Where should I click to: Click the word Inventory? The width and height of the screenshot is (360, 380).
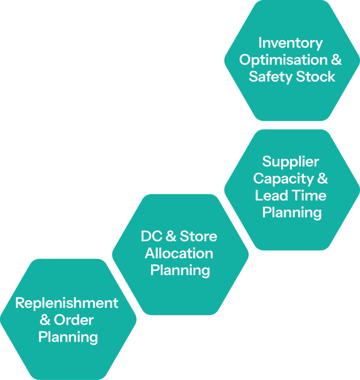pos(291,43)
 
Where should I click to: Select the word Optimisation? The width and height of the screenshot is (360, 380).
pos(283,60)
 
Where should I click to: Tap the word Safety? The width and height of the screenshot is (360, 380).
pos(270,77)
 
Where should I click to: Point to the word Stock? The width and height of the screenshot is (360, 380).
pos(315,77)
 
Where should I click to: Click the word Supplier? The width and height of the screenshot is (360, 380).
pos(291,162)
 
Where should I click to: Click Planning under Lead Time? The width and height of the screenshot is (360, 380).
pos(292,213)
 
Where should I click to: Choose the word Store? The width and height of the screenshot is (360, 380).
pos(199,236)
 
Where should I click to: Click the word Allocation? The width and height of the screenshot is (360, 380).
pos(179,253)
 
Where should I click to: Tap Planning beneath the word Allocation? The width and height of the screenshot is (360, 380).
pos(180,270)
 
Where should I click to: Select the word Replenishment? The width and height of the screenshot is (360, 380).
pos(67,303)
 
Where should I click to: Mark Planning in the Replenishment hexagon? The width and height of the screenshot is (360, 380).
pos(68,337)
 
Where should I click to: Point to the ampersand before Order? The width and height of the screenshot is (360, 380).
pos(45,320)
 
